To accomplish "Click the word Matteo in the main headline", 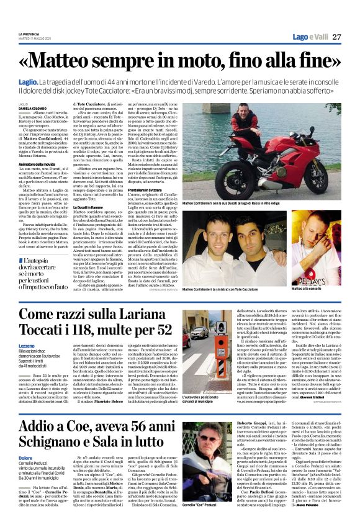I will click(x=73, y=61).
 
